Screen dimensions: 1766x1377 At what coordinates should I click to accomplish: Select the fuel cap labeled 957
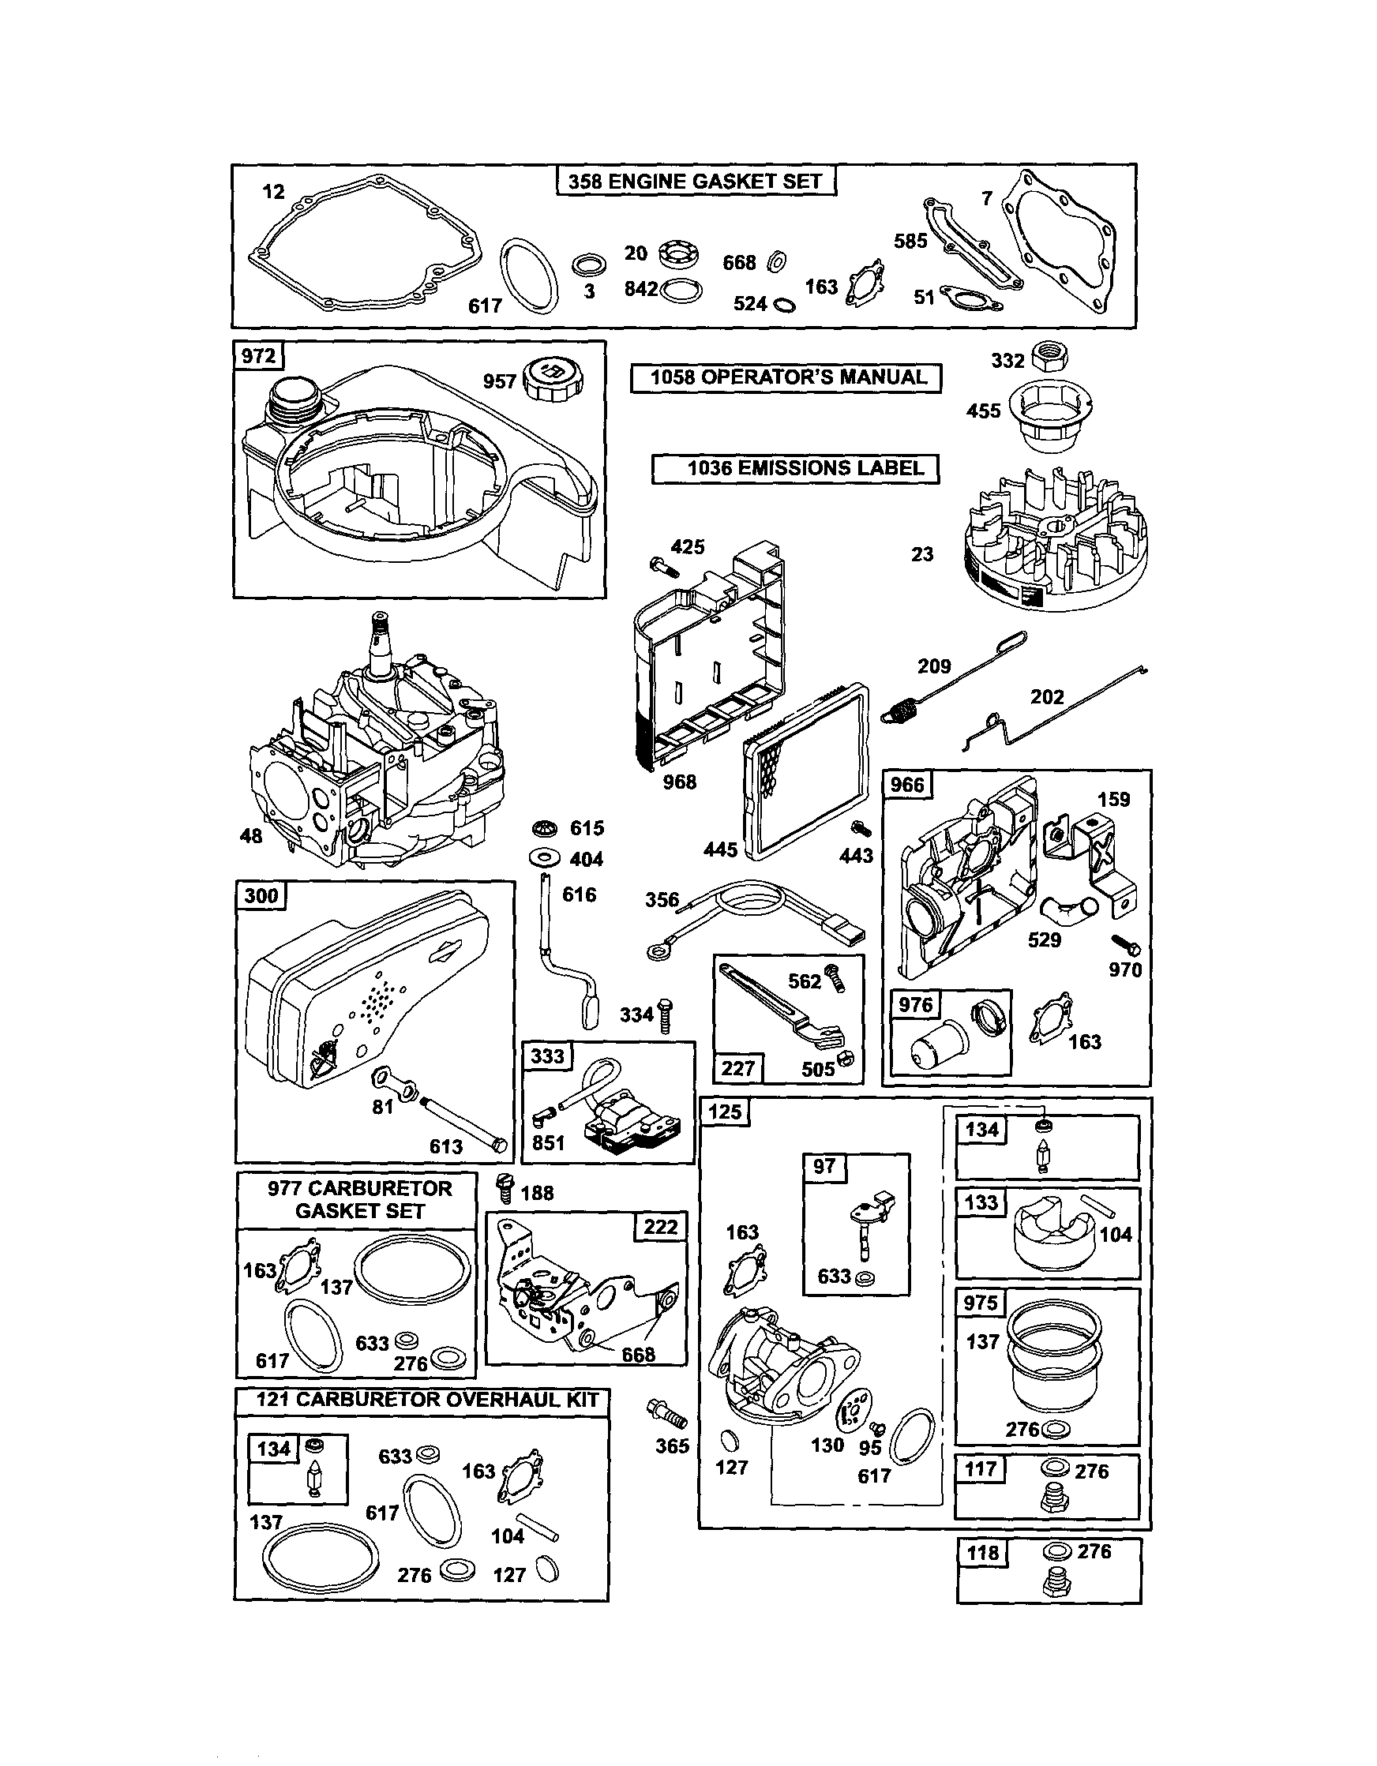(x=552, y=377)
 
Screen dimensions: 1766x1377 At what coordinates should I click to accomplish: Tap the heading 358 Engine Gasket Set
(x=696, y=181)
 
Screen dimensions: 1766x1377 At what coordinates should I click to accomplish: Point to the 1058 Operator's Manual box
(x=786, y=377)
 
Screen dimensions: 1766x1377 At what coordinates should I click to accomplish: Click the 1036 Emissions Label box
(x=796, y=468)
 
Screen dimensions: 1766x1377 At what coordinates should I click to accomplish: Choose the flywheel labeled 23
(x=1056, y=538)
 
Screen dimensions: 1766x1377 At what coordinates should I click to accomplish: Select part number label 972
(x=259, y=356)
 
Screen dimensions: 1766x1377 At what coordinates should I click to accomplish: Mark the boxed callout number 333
(x=547, y=1057)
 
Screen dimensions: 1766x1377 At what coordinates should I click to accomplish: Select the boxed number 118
(x=982, y=1554)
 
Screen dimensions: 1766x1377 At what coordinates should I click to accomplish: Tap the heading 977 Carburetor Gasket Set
(x=360, y=1199)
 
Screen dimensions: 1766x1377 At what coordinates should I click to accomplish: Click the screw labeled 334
(x=666, y=1014)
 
